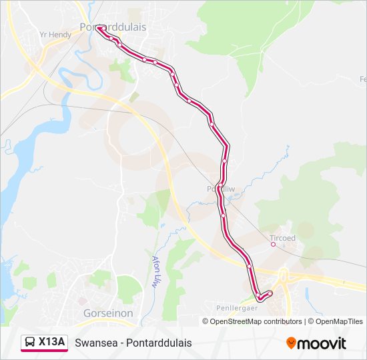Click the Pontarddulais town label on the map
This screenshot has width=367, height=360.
pos(113,27)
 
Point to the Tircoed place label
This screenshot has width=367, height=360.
pos(282,237)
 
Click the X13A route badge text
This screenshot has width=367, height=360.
pos(52,342)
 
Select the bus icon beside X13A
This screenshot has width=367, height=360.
pos(31,342)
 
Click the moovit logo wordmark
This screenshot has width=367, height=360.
pos(322,343)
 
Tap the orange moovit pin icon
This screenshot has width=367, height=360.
pos(292,343)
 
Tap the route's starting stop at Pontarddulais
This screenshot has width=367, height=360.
pos(98,28)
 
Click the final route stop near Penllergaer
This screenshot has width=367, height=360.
pos(270,293)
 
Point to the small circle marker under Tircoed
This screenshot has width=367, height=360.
pos(273,244)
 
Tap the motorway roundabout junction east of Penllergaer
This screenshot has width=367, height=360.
pos(283,275)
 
